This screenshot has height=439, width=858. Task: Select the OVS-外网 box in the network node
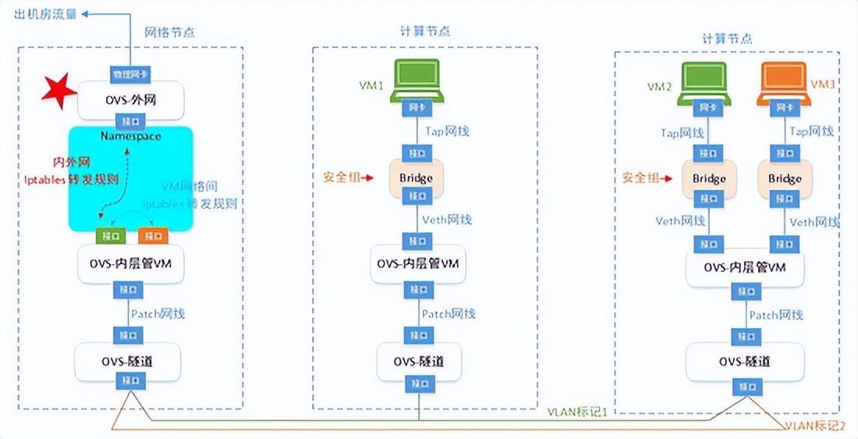(x=130, y=99)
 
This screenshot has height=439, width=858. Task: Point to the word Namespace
(x=130, y=136)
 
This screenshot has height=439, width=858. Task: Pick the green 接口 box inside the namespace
(x=107, y=234)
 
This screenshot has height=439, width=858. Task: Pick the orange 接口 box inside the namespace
(x=152, y=234)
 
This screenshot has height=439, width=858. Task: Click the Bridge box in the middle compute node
(x=416, y=178)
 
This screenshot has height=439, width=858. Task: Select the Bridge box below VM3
(x=784, y=178)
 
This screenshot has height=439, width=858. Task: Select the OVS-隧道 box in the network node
(x=128, y=360)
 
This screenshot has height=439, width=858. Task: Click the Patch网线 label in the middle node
(x=448, y=314)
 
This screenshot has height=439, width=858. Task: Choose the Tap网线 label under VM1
(x=447, y=132)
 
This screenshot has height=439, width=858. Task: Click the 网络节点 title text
(x=169, y=32)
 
